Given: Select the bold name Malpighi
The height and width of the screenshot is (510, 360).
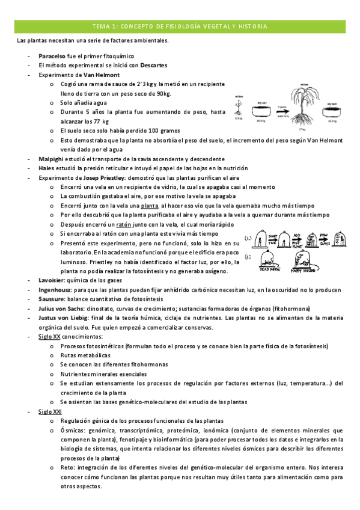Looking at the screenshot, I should (x=52, y=159).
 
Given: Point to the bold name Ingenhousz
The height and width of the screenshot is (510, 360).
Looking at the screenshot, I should (x=55, y=290).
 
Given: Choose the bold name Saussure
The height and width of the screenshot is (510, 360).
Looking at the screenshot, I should (x=52, y=299).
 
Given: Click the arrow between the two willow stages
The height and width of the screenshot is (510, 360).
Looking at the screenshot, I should (x=281, y=109).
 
